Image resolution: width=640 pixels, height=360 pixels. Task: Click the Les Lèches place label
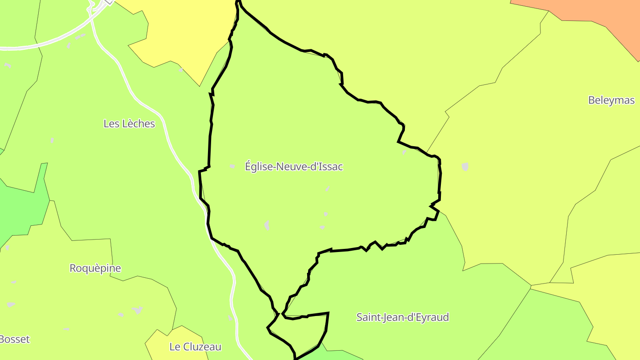point(129,124)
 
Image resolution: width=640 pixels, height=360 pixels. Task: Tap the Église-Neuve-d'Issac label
point(294,167)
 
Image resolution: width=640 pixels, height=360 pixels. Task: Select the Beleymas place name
point(611,100)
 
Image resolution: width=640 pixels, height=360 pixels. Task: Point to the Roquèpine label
point(95,268)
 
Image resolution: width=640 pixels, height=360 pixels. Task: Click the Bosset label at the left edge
point(14,340)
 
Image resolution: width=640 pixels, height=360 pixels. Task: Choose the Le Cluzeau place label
point(195,347)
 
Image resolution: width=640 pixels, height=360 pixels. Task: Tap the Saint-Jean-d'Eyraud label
point(402,317)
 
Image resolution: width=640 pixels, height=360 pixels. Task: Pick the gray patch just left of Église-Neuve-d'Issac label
point(232,166)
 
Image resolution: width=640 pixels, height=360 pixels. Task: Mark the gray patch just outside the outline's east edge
point(465,167)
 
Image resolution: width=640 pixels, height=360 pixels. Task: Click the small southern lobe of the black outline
point(302,333)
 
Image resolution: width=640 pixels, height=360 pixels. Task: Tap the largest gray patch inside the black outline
point(267,225)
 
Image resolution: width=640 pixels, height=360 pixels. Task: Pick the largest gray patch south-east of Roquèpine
point(137,310)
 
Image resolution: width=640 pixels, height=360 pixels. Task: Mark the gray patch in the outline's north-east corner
point(404,152)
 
